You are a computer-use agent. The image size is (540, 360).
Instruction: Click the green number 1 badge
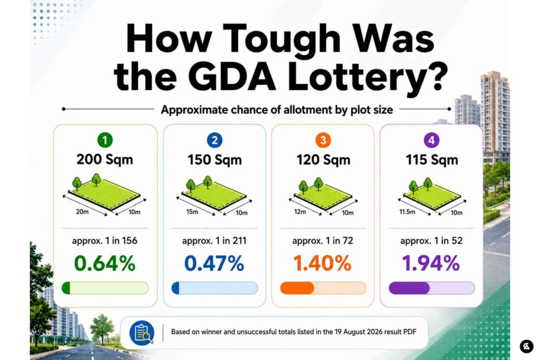pos(105,140)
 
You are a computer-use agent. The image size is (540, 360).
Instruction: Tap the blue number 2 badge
pos(215,140)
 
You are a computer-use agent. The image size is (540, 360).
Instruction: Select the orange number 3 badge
pos(323,140)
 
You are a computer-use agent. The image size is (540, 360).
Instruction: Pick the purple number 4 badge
pos(431,140)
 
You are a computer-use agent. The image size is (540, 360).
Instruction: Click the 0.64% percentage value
pos(105,264)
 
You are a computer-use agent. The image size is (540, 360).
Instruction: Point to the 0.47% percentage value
pos(214,264)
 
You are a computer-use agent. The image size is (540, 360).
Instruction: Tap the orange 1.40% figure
pos(322,264)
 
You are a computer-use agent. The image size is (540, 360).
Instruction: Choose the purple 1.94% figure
pos(431,264)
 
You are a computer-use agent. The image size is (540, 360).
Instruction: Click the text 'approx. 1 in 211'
pos(214,240)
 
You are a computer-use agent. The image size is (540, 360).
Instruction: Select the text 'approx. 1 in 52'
pos(431,240)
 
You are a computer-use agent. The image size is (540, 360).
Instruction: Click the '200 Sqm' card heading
pos(105,160)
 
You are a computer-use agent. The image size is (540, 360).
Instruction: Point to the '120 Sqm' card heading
pos(323,160)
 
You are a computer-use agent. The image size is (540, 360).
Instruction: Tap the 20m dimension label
pos(82,212)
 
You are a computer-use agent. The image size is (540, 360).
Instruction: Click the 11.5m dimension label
pos(407,212)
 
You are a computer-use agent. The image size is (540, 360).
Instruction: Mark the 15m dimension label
pos(192,212)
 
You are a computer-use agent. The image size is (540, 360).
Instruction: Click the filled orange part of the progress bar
pos(297,288)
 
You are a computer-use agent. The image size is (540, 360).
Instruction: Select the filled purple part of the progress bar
pos(409,288)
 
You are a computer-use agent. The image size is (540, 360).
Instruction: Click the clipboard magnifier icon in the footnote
pos(142,333)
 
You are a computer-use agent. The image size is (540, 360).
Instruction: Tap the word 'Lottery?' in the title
pos(367,76)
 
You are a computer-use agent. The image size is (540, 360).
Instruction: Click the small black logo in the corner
pos(526,346)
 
